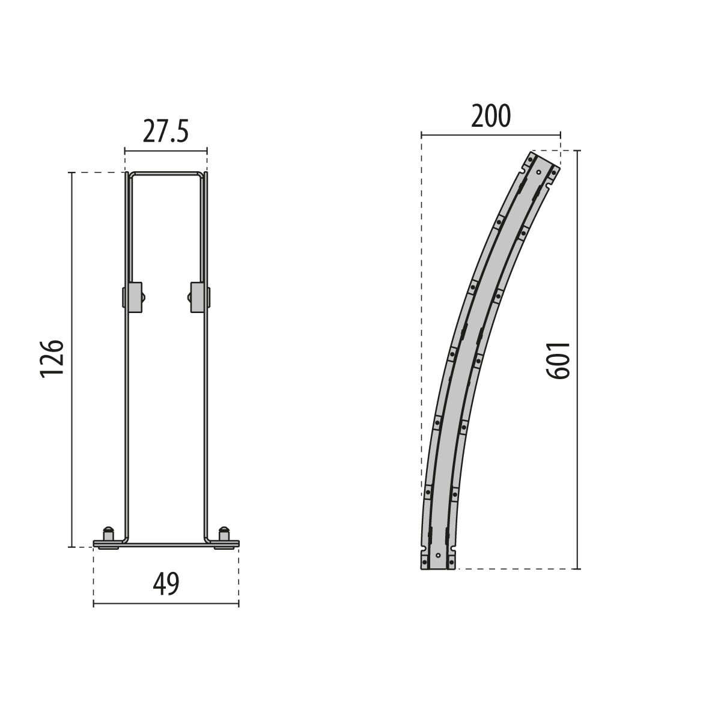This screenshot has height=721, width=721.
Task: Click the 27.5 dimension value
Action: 165,132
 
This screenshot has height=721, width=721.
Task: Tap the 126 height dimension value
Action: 52,359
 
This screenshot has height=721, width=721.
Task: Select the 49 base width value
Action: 166,584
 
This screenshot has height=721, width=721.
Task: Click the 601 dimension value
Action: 558,360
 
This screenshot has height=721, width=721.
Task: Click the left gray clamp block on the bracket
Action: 135,297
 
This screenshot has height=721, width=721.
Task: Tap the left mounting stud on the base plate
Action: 108,534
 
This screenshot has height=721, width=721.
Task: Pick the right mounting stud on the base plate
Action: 224,534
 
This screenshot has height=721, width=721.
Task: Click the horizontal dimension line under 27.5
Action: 166,151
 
